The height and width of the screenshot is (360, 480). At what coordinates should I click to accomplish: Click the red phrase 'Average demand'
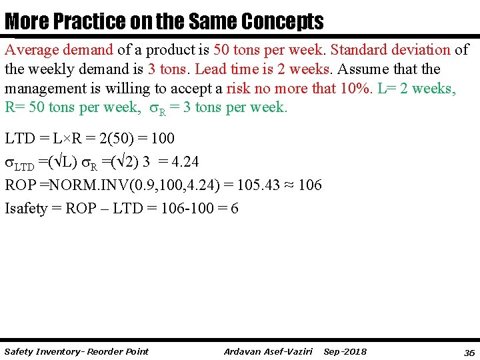pos(59,50)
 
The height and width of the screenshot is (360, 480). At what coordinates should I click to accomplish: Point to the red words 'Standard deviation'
pos(390,50)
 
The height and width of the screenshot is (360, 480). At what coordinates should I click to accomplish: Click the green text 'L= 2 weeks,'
pos(417,89)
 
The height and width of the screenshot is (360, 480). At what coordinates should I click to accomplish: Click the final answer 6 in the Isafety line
pos(234,209)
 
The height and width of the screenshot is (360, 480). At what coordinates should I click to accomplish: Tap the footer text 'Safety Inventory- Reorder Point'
pos(76,351)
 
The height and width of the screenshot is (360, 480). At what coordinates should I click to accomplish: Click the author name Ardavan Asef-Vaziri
pos(269,351)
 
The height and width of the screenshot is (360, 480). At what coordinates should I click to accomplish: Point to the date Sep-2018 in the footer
pos(345,351)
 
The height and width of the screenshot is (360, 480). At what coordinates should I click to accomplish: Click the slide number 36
pos(469,352)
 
